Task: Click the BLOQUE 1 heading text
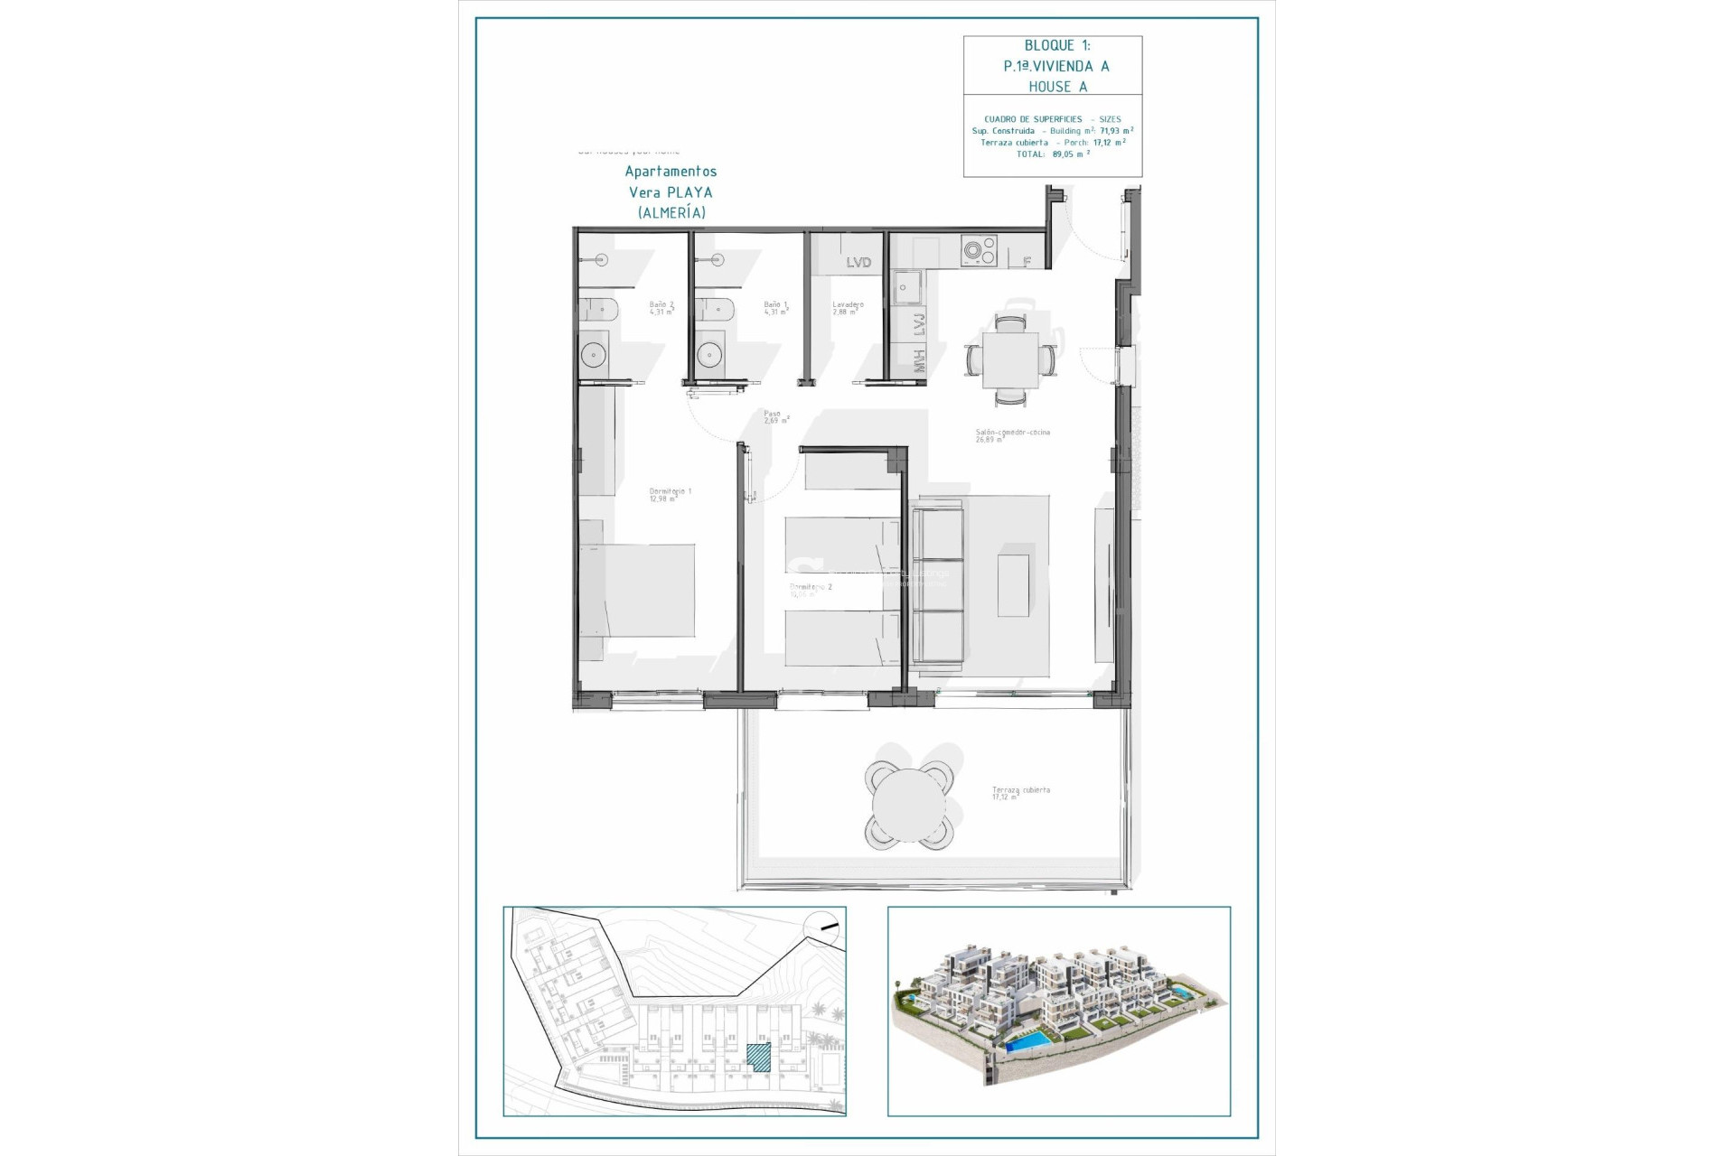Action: point(1056,45)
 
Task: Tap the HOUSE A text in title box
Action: point(1057,87)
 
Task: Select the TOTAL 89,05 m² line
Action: point(1053,154)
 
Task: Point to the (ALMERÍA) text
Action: point(671,213)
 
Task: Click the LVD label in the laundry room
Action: point(858,262)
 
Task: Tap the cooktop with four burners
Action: point(978,250)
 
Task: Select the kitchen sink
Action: point(906,288)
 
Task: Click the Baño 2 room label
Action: point(661,308)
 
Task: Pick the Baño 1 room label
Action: point(775,308)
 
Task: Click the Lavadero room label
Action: point(848,308)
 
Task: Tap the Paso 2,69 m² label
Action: point(776,417)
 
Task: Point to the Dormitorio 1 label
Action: point(670,495)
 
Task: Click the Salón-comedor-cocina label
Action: point(1012,435)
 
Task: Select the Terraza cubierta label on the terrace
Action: point(1020,793)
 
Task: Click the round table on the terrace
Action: point(907,806)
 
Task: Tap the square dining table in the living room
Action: point(1010,359)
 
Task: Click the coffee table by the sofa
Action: point(1013,585)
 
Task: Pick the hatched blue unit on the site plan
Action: point(759,1058)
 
